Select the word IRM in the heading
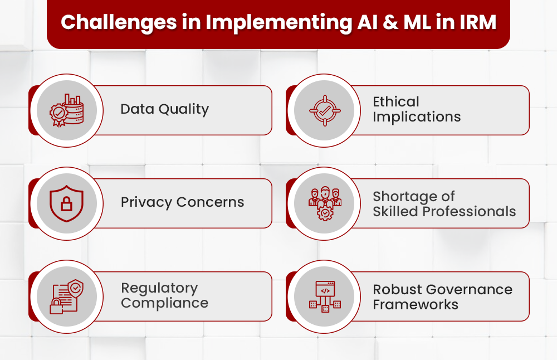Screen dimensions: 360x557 (x=477, y=22)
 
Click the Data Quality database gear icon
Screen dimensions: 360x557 (x=67, y=110)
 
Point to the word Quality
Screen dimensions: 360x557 (x=183, y=109)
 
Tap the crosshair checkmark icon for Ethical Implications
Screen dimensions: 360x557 (x=324, y=110)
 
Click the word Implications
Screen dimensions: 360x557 (x=417, y=117)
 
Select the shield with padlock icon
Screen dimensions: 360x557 (x=67, y=203)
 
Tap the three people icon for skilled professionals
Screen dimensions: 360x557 (x=324, y=203)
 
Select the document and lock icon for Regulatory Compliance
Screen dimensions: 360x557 (x=67, y=296)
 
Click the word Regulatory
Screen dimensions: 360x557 (x=159, y=288)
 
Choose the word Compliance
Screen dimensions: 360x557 (x=164, y=303)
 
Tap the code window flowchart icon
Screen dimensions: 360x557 (x=324, y=296)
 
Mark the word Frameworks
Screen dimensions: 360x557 (x=416, y=305)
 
